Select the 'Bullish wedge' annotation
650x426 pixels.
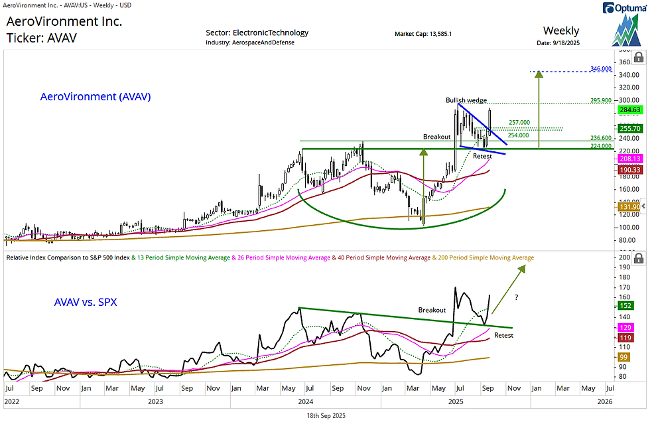click(x=466, y=100)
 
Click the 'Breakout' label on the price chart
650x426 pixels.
click(x=437, y=136)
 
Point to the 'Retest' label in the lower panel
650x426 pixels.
click(x=504, y=336)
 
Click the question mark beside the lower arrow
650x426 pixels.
click(x=516, y=298)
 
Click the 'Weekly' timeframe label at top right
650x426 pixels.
click(x=560, y=31)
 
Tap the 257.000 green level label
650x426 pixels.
click(x=519, y=123)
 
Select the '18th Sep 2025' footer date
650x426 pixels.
click(x=325, y=415)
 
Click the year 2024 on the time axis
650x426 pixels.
click(x=305, y=401)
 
